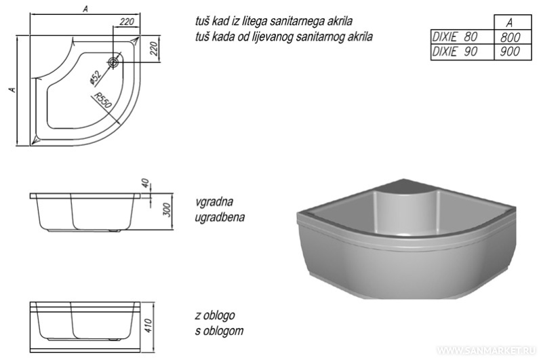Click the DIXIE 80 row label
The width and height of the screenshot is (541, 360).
coord(455,37)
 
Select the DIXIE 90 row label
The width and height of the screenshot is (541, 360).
coord(455,52)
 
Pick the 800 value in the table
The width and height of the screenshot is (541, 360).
coord(510,37)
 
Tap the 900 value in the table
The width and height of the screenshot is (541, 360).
coord(510,52)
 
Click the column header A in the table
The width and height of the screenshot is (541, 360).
coord(510,23)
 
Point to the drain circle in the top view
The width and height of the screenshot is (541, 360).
coord(113,62)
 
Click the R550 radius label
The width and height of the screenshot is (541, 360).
coord(104,100)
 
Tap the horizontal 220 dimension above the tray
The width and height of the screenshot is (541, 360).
coord(127,22)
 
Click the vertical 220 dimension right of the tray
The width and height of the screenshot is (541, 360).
coord(155,49)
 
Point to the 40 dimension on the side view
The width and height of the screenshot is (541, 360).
coord(145,183)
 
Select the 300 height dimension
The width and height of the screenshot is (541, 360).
coord(167,210)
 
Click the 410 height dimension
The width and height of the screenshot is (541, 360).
coord(148,326)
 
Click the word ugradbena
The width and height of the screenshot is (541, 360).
coord(220,217)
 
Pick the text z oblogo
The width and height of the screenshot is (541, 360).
coord(215,315)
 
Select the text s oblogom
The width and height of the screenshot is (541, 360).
coord(219,331)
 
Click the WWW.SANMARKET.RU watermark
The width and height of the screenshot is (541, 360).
coord(487,351)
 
